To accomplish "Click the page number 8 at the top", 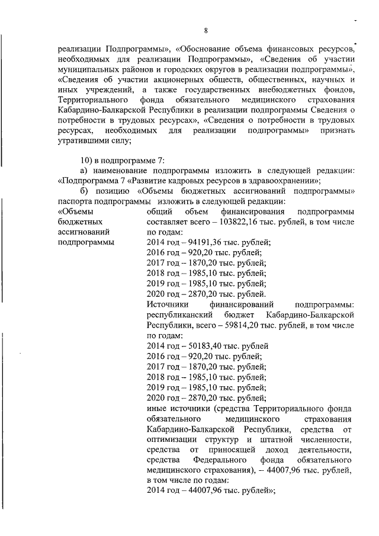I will pyautogui.click(x=205, y=30).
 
